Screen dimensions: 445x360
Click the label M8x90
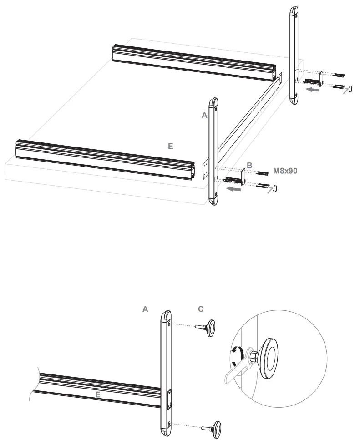click(285, 172)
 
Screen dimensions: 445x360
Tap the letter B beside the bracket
click(249, 165)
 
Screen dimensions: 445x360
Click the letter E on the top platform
click(171, 146)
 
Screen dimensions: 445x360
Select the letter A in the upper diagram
click(204, 116)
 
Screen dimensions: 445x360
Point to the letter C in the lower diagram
click(201, 309)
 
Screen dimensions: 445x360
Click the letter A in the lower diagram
click(145, 309)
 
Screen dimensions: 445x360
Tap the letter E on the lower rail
click(97, 395)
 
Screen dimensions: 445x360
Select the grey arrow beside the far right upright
click(311, 90)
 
